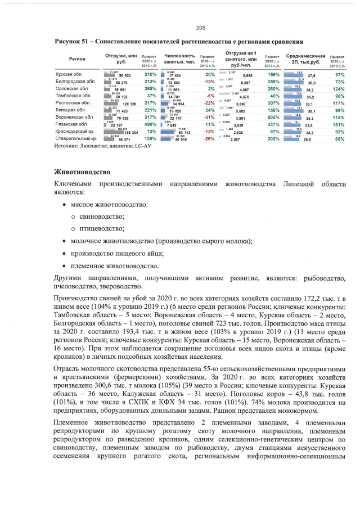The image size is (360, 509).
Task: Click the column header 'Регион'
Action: [x=77, y=58]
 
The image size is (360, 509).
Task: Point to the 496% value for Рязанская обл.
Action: [x=150, y=124]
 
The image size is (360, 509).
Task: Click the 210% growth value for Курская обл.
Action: [x=150, y=74]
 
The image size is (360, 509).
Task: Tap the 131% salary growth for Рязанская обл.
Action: [x=338, y=124]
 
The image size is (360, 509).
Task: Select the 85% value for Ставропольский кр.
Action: [x=339, y=138]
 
